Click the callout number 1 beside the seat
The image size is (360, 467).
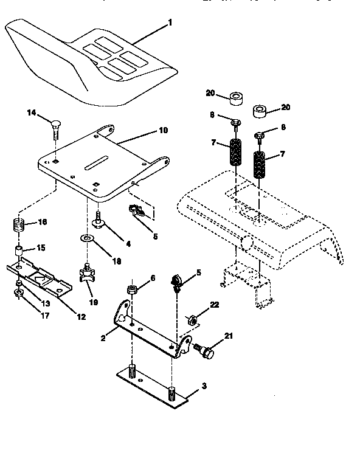[x=170, y=22]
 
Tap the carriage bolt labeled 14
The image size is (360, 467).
[x=55, y=127]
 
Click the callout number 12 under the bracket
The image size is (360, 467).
[x=81, y=316]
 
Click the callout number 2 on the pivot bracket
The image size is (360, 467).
[x=104, y=336]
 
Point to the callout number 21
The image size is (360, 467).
[x=228, y=336]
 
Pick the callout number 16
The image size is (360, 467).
[x=42, y=223]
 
